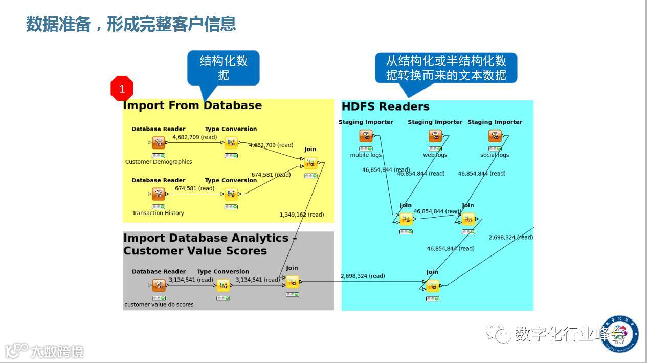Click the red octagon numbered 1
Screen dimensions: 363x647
(x=122, y=89)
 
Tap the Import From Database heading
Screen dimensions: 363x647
(x=192, y=105)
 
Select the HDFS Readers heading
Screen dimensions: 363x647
(x=385, y=106)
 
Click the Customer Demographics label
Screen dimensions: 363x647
(x=159, y=162)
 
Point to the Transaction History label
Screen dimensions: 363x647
(x=158, y=213)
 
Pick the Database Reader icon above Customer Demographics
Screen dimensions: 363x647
(x=159, y=143)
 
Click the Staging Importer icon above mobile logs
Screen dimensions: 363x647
(x=366, y=136)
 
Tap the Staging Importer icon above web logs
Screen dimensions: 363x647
(x=435, y=136)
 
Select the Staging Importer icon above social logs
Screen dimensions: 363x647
(x=495, y=136)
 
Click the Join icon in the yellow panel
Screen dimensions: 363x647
(x=310, y=163)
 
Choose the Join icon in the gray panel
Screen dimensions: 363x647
(x=292, y=282)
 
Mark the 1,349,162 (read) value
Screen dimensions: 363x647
(x=302, y=215)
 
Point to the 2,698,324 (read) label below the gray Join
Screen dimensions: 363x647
(x=363, y=276)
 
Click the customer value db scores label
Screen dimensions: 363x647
(x=159, y=305)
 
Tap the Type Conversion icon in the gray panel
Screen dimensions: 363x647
(x=223, y=286)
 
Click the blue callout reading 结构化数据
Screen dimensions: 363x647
(x=224, y=68)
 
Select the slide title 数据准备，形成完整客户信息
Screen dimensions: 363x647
(x=131, y=24)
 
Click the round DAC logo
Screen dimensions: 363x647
(x=620, y=334)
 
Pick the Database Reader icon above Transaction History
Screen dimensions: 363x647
(x=159, y=194)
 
